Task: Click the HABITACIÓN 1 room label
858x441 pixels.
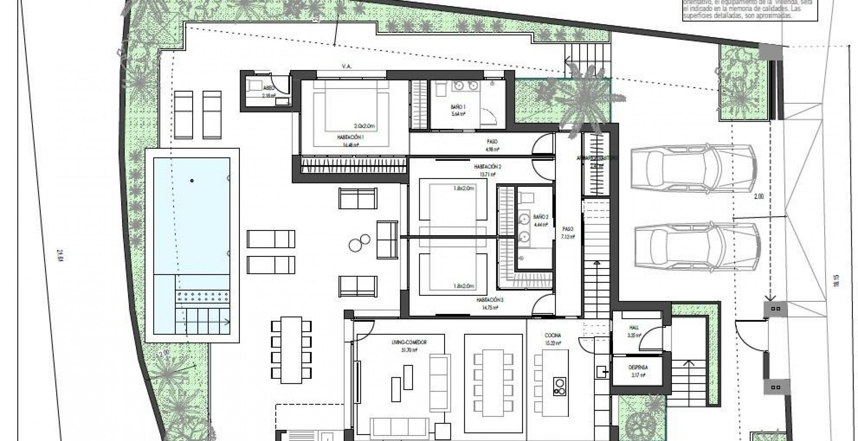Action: click(x=350, y=137)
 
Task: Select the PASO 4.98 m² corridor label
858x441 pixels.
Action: click(x=492, y=142)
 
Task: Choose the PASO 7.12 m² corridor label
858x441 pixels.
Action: click(x=568, y=229)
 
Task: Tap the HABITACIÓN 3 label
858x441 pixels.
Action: click(x=490, y=299)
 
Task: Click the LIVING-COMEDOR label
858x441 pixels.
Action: click(x=409, y=342)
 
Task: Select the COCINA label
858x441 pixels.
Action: click(x=553, y=335)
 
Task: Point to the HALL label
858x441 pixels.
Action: click(x=634, y=328)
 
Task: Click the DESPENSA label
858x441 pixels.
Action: click(x=638, y=367)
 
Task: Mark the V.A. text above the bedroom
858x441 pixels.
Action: click(x=346, y=66)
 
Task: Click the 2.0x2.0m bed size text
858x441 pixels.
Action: click(x=364, y=126)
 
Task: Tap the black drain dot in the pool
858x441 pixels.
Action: click(x=192, y=181)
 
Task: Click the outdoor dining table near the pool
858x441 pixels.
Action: click(x=291, y=350)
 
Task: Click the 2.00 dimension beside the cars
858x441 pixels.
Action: click(x=758, y=196)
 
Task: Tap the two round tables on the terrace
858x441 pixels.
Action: click(x=359, y=242)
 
